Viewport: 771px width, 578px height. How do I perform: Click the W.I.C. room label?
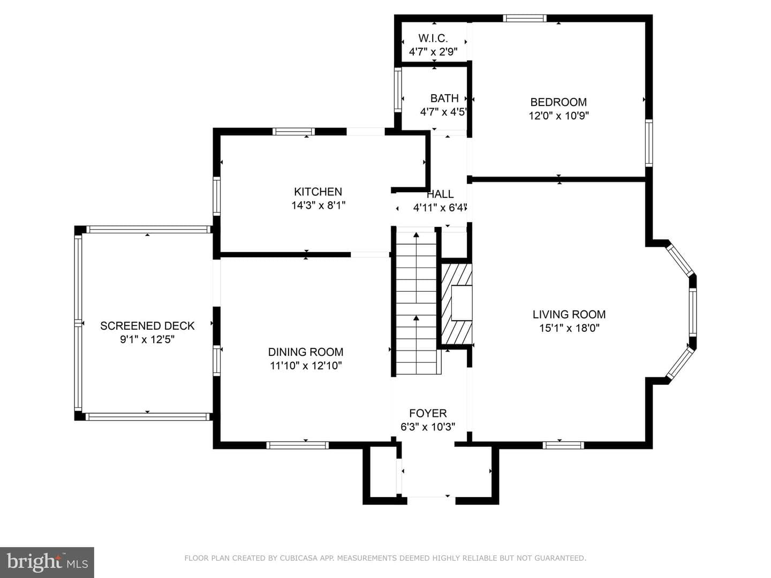433,38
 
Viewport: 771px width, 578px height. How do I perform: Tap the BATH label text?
444,98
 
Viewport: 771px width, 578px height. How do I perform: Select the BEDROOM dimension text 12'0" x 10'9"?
558,116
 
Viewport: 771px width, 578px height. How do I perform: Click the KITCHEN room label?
318,192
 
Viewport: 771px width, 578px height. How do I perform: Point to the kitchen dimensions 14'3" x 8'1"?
318,206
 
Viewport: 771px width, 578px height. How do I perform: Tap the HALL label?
440,194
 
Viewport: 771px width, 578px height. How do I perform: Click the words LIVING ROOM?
569,315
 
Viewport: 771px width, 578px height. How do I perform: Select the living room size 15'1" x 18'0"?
569,328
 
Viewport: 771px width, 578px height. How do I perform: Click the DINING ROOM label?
306,352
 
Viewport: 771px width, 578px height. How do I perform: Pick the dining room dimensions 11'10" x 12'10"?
306,366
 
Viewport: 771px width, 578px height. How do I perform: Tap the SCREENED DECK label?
147,326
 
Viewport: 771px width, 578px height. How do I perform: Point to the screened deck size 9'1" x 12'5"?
147,340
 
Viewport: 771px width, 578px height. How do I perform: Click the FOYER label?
428,413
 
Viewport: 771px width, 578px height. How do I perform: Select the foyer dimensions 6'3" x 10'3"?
428,427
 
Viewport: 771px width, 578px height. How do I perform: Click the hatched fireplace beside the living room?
457,303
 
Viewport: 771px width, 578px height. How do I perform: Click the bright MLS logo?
47,562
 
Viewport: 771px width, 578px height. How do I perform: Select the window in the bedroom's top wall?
524,18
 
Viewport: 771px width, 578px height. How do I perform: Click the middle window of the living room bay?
693,312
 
